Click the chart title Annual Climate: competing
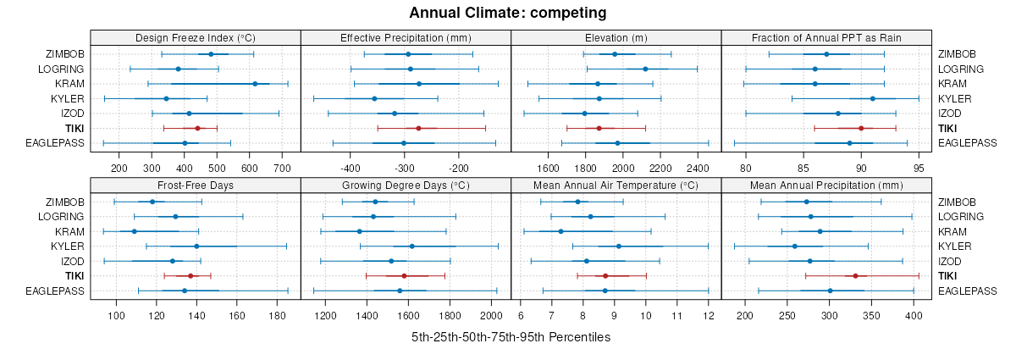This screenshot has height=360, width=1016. [508, 13]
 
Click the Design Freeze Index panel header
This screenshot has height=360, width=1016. [196, 38]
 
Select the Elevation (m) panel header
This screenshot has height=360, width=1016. [616, 38]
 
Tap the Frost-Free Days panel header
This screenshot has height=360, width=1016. [196, 186]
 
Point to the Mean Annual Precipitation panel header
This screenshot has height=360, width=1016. [826, 186]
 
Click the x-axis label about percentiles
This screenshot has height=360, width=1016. [511, 337]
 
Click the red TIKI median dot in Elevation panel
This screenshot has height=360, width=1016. [599, 128]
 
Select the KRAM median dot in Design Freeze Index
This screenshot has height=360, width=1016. [255, 84]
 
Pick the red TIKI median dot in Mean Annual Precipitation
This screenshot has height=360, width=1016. [855, 276]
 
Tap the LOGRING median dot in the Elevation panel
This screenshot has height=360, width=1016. [645, 69]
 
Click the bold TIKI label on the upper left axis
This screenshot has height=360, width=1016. [72, 128]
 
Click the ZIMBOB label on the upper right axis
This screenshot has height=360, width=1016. [956, 54]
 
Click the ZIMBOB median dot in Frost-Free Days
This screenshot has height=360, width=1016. [152, 202]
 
